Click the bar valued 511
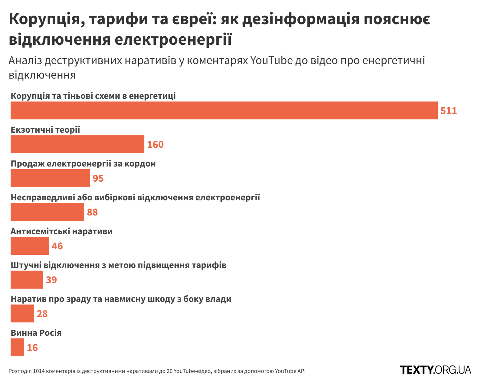point(224,110)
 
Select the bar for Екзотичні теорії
point(77,144)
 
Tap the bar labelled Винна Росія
point(17,347)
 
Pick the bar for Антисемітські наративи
point(30,246)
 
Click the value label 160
point(155,144)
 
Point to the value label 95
point(98,178)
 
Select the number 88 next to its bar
point(92,212)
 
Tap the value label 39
point(51,280)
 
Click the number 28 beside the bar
point(42,314)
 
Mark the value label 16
point(32,348)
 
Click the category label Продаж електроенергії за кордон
point(83,163)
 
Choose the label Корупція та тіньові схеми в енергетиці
point(93,96)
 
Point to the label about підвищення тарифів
point(119,265)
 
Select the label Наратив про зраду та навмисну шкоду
point(121,299)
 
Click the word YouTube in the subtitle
point(271,60)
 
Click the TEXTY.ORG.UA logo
point(435,370)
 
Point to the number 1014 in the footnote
point(38,371)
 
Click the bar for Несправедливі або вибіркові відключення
point(47,212)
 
